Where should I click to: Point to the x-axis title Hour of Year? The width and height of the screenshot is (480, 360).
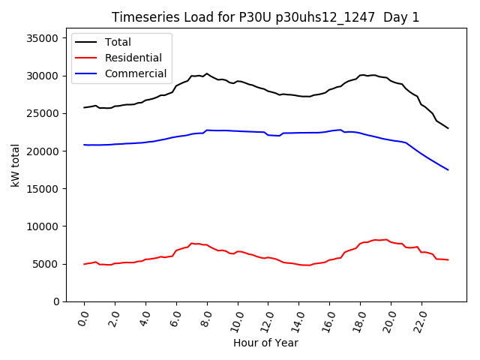(x=265, y=343)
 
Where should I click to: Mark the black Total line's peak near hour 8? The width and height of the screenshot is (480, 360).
(x=207, y=73)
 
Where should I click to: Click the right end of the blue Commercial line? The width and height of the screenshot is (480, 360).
(x=448, y=169)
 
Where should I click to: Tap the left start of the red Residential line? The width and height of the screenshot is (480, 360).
(x=84, y=264)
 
